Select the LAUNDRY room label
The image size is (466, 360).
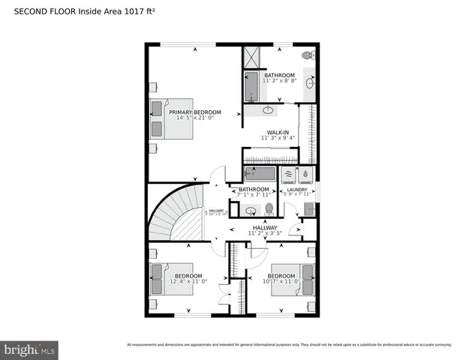298,190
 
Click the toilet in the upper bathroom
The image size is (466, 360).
308,56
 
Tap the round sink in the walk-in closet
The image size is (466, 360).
268,110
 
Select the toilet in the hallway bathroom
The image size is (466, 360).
269,209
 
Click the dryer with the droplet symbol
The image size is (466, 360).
306,175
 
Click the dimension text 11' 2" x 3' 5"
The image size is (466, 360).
265,233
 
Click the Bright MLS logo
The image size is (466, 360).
30,349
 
